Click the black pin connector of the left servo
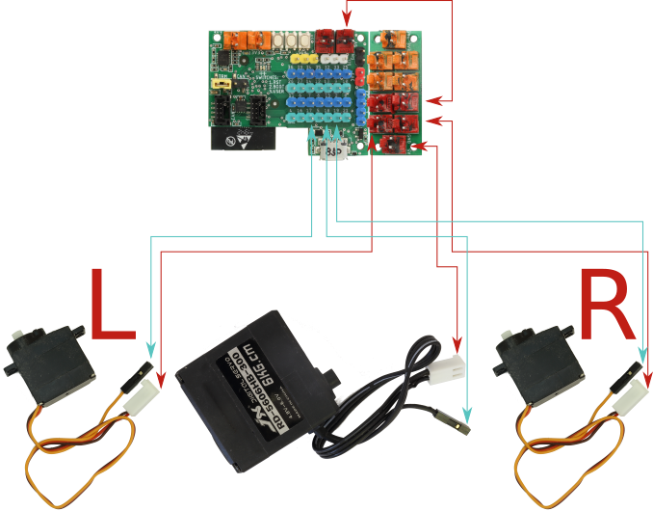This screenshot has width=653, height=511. click(139, 372)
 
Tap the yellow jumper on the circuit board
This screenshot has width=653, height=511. click(221, 85)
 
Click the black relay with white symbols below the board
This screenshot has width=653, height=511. click(240, 141)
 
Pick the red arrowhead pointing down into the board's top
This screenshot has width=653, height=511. click(349, 20)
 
